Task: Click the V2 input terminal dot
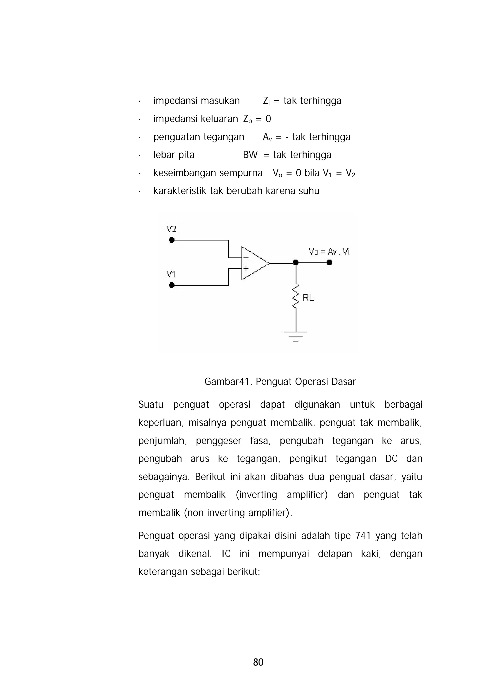pyautogui.click(x=172, y=240)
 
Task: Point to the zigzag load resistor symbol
pyautogui.click(x=296, y=296)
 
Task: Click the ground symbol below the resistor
pyautogui.click(x=296, y=336)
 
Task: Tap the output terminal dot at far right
pyautogui.click(x=329, y=262)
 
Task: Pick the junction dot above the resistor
pyautogui.click(x=296, y=262)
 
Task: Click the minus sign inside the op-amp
pyautogui.click(x=246, y=258)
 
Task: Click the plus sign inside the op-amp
pyautogui.click(x=246, y=268)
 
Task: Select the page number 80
pyautogui.click(x=258, y=662)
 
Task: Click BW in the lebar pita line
pyautogui.click(x=250, y=155)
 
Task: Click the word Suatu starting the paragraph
pyautogui.click(x=151, y=405)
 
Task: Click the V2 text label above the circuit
pyautogui.click(x=171, y=229)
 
